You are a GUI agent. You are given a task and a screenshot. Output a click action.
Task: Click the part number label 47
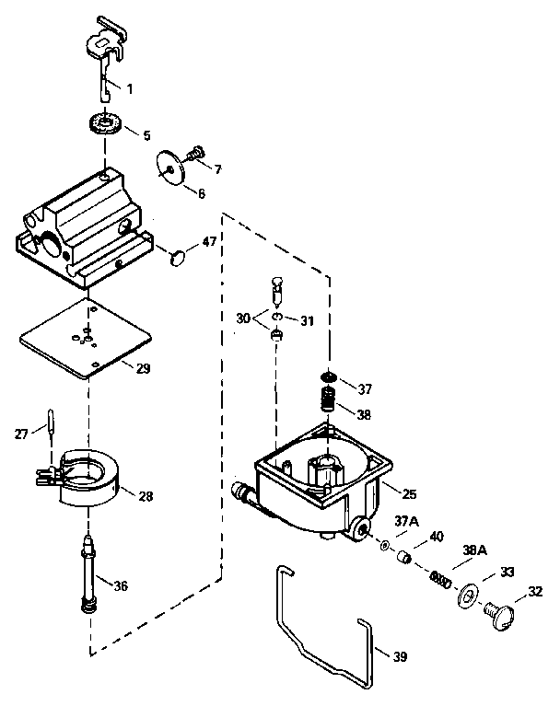[x=209, y=242]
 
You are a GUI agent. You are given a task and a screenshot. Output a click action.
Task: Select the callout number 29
[x=142, y=368]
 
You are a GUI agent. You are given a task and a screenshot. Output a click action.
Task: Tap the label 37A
[x=406, y=521]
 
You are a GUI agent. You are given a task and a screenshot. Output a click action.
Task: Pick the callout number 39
[x=399, y=655]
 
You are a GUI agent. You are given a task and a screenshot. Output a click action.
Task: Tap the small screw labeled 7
[x=196, y=153]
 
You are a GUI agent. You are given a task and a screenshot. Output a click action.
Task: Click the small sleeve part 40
[x=402, y=558]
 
